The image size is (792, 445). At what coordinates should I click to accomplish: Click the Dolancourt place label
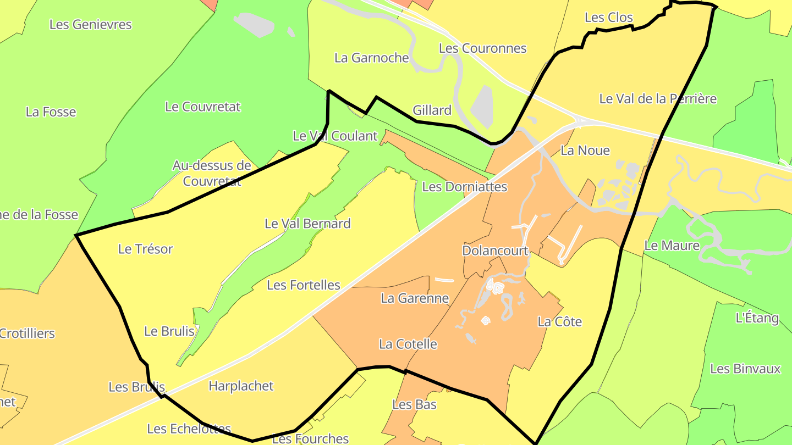(x=495, y=251)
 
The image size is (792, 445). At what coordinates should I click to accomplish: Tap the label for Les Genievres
(x=91, y=25)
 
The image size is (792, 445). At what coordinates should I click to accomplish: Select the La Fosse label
(x=51, y=112)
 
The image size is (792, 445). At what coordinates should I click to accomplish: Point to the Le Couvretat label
(x=203, y=107)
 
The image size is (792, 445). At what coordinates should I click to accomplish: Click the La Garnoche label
(x=372, y=58)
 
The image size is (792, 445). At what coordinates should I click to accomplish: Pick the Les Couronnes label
(x=482, y=48)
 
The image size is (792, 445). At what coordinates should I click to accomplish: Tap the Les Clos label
(x=609, y=18)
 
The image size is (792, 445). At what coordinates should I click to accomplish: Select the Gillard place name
(x=432, y=110)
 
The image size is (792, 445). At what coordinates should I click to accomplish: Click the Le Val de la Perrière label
(x=658, y=99)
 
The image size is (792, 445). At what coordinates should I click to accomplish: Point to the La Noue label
(x=585, y=151)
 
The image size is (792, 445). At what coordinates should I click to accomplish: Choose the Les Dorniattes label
(x=464, y=187)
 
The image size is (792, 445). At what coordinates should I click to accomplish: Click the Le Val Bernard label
(x=307, y=224)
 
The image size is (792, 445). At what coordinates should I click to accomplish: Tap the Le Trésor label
(x=146, y=249)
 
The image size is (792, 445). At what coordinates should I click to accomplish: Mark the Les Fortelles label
(x=304, y=285)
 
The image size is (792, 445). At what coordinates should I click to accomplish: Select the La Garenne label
(x=415, y=299)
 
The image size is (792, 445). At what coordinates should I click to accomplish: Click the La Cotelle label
(x=408, y=344)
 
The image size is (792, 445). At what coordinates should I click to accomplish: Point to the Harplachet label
(x=241, y=386)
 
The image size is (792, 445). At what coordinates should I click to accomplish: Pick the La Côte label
(x=559, y=322)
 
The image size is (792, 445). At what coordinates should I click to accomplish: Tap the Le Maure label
(x=672, y=246)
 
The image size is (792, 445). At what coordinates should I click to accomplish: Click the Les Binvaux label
(x=745, y=369)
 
